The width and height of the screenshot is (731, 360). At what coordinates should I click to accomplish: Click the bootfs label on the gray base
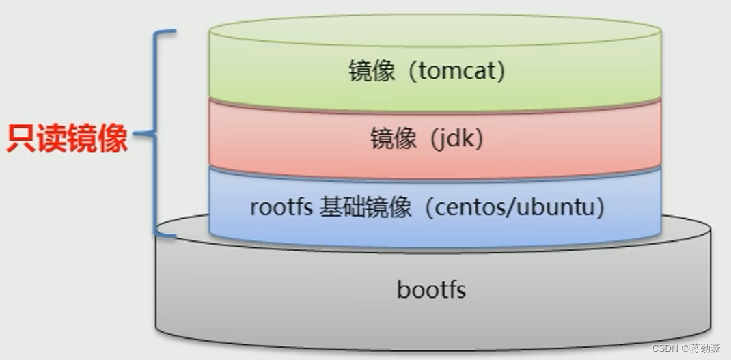tap(431, 290)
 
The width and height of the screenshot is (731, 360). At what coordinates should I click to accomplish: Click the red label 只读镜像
tap(67, 138)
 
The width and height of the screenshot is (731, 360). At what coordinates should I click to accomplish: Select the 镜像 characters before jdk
tap(394, 139)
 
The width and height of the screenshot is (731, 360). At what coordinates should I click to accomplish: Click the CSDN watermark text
tap(664, 348)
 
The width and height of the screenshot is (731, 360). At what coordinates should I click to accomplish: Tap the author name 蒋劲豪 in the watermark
tap(705, 348)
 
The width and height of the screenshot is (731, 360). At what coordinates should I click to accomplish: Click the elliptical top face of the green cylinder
tap(435, 30)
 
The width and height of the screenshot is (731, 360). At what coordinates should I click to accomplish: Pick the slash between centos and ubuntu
tap(522, 207)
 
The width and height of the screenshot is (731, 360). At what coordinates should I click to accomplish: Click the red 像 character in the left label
tap(113, 138)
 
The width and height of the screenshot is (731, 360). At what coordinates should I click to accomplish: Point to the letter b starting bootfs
tap(402, 290)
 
